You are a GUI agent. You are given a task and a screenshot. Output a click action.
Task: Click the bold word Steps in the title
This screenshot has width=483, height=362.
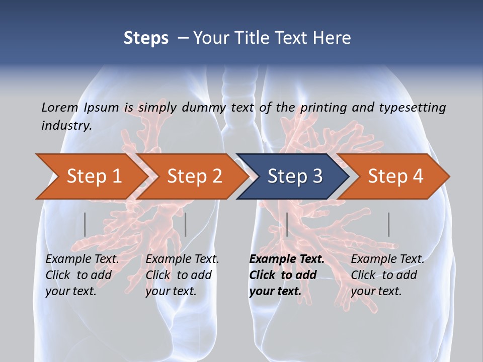(146, 38)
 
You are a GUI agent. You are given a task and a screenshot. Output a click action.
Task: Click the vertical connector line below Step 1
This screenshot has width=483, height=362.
(85, 224)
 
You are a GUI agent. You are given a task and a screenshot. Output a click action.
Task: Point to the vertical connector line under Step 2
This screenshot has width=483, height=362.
(186, 224)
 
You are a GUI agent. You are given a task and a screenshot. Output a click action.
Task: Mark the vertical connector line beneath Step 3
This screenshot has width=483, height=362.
(287, 224)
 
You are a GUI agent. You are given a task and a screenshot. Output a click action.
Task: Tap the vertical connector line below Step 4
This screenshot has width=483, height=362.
(388, 224)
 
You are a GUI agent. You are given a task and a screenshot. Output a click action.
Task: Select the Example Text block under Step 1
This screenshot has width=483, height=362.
(82, 275)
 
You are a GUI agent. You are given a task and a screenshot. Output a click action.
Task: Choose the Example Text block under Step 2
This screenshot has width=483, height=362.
(182, 275)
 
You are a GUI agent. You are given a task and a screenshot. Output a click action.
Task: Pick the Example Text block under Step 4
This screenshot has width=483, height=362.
(387, 275)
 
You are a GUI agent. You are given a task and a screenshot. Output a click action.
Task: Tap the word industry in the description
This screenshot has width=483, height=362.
(66, 125)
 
